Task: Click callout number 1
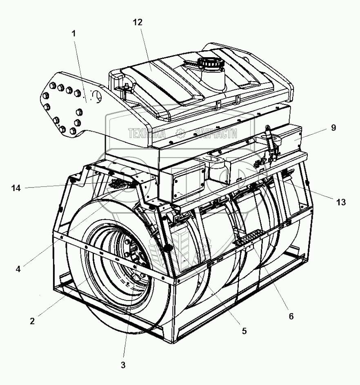pos(73,34)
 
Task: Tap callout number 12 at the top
pos(138,22)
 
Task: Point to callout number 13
pos(341,202)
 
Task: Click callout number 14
pos(16,188)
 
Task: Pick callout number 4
pos(18,269)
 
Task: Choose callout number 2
pos(32,320)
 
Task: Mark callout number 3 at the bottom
pos(123,365)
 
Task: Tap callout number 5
pos(244,331)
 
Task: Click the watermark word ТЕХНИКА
pos(147,133)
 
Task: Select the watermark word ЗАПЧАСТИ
pos(216,133)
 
